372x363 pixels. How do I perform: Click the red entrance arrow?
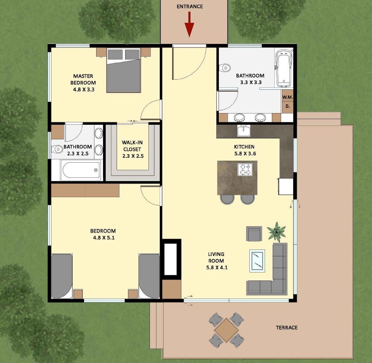pos(189,25)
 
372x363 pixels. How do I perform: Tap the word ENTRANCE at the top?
pos(189,7)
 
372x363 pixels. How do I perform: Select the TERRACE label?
pos(287,328)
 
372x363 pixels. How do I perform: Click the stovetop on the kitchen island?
pos(245,169)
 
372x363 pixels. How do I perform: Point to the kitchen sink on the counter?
pos(244,131)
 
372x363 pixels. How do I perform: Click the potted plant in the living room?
pos(276,232)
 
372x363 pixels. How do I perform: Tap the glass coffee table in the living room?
pos(257,261)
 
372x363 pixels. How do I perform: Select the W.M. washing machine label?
pos(288,97)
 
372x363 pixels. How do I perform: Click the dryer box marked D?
pos(288,106)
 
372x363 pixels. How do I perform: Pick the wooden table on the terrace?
pos(226,330)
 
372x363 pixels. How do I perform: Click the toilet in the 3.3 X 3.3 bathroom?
pos(225,68)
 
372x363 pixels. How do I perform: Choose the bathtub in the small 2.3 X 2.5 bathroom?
pos(81,170)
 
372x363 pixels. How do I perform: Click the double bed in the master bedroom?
pos(123,70)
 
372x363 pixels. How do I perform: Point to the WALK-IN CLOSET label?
pos(132,146)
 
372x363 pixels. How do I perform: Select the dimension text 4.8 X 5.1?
pos(104,238)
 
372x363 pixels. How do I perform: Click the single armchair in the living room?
pos(254,233)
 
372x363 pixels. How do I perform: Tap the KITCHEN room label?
pos(244,147)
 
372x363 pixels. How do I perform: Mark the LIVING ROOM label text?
pos(216,257)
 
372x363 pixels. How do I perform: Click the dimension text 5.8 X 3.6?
pos(245,154)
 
